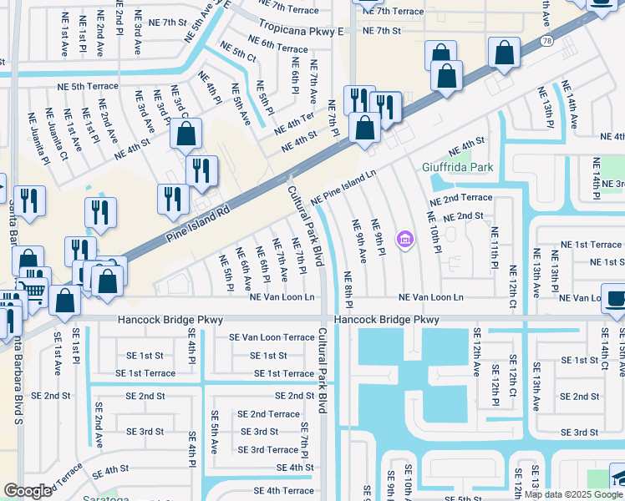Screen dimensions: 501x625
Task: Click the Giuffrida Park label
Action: pos(457,167)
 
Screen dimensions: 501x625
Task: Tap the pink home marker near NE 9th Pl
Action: pos(406,240)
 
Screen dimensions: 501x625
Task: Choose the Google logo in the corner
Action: pos(29,490)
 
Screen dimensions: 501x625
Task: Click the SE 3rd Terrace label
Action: pos(267,449)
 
